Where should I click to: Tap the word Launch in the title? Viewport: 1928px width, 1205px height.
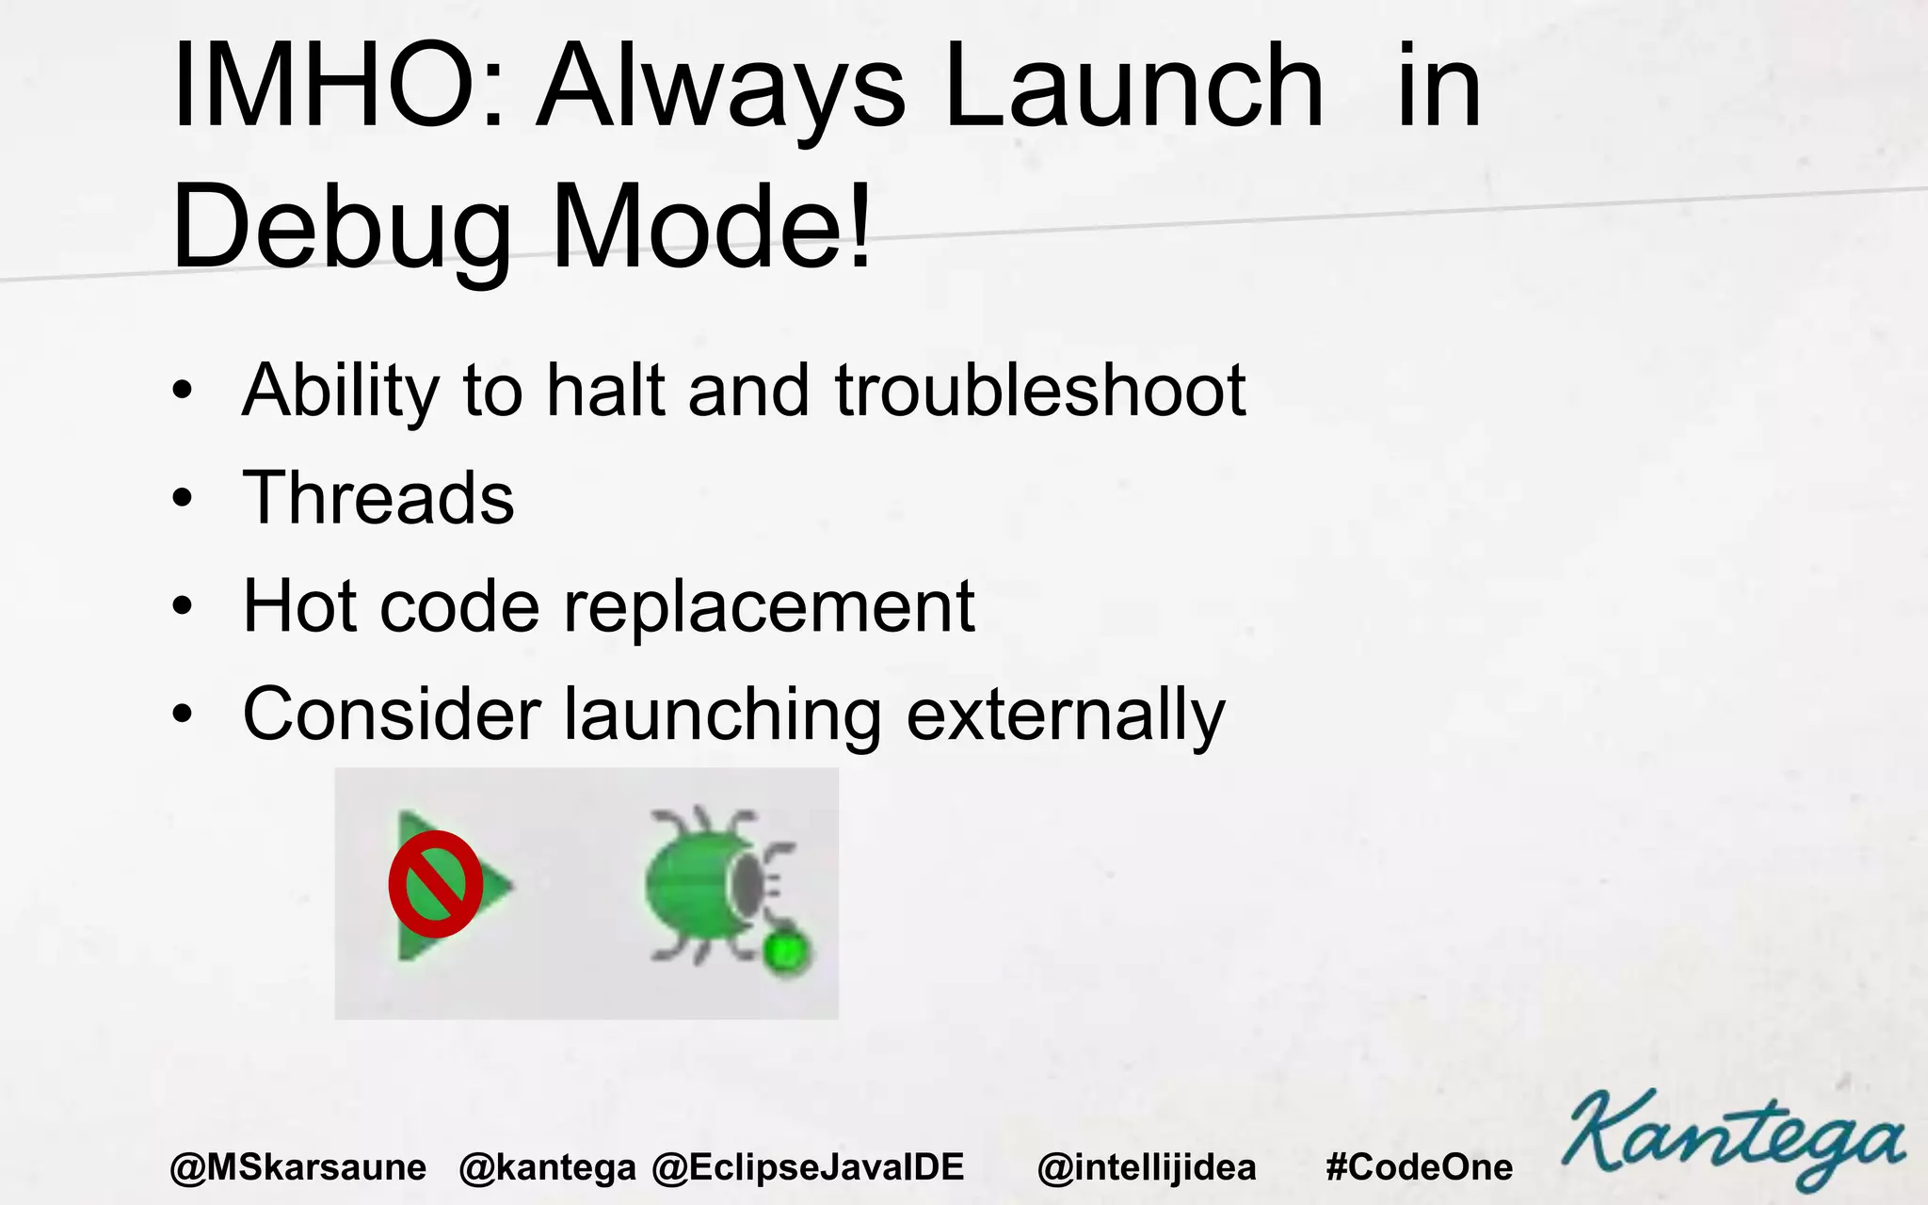tap(1133, 87)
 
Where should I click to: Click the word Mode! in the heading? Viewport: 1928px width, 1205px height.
tap(712, 229)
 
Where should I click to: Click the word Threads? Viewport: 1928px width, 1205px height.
tap(378, 498)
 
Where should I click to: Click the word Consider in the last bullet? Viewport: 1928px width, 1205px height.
tap(392, 715)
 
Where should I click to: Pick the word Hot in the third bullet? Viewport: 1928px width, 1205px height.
tap(299, 606)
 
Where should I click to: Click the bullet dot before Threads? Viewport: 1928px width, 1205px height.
tap(183, 497)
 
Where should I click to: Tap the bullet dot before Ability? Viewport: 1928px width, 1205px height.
tap(183, 390)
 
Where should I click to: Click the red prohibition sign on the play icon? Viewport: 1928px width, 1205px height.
tap(435, 884)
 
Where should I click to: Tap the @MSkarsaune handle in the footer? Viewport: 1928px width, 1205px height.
tap(298, 1167)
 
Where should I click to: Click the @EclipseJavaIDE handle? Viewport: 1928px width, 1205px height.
tap(808, 1167)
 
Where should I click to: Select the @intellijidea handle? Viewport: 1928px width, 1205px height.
tap(1147, 1167)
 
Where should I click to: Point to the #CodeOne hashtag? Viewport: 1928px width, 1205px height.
tap(1419, 1167)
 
